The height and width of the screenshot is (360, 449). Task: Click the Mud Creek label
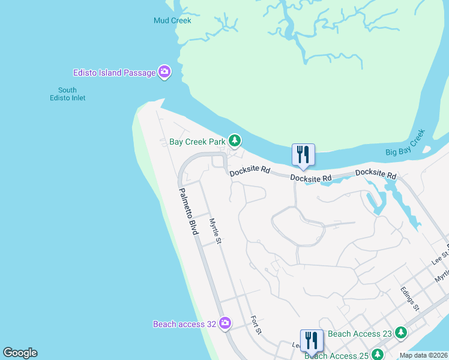coord(172,20)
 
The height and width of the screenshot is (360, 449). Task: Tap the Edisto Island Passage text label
coord(114,73)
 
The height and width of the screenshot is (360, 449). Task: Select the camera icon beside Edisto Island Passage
coord(164,73)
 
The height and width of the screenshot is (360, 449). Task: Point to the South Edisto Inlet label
coord(67,94)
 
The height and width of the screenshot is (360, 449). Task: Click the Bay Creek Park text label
coord(197,142)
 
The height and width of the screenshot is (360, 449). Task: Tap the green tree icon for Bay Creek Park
coord(235,142)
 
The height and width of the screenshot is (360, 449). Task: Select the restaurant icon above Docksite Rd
coord(303,155)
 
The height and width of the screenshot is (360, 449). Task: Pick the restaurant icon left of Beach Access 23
coord(312,340)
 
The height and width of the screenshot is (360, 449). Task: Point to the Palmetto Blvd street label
coord(188,211)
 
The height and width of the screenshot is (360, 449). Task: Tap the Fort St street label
coord(256,325)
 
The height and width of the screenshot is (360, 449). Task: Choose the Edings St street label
coord(409,298)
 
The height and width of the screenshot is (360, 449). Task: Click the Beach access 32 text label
coord(184,324)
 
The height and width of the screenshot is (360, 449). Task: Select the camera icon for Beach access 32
coord(224,324)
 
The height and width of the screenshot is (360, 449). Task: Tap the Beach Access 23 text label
coord(360,334)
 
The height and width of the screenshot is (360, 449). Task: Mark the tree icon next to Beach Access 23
coord(400,333)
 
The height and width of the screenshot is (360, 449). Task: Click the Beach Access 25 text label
coord(337,355)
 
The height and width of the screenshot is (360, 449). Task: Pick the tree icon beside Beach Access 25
coord(378,355)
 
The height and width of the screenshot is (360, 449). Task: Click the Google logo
coord(20,353)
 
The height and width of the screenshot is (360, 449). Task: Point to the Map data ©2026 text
coord(423,356)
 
